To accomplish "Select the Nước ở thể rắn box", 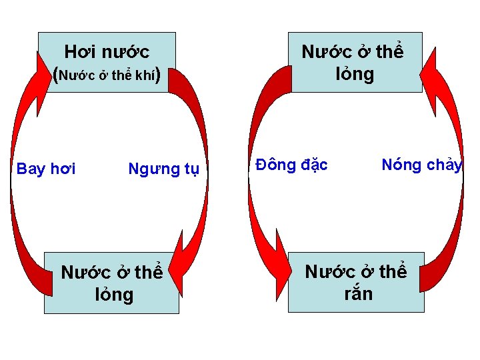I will click(x=356, y=282).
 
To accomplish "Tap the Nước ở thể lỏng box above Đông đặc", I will click(x=355, y=62).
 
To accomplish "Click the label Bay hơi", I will click(x=46, y=169).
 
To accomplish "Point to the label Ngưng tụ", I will click(x=163, y=169).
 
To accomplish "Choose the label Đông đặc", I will click(x=292, y=165).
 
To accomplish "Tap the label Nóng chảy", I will click(x=422, y=165).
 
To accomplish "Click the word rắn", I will click(x=358, y=293).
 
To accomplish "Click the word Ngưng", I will click(x=148, y=169).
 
